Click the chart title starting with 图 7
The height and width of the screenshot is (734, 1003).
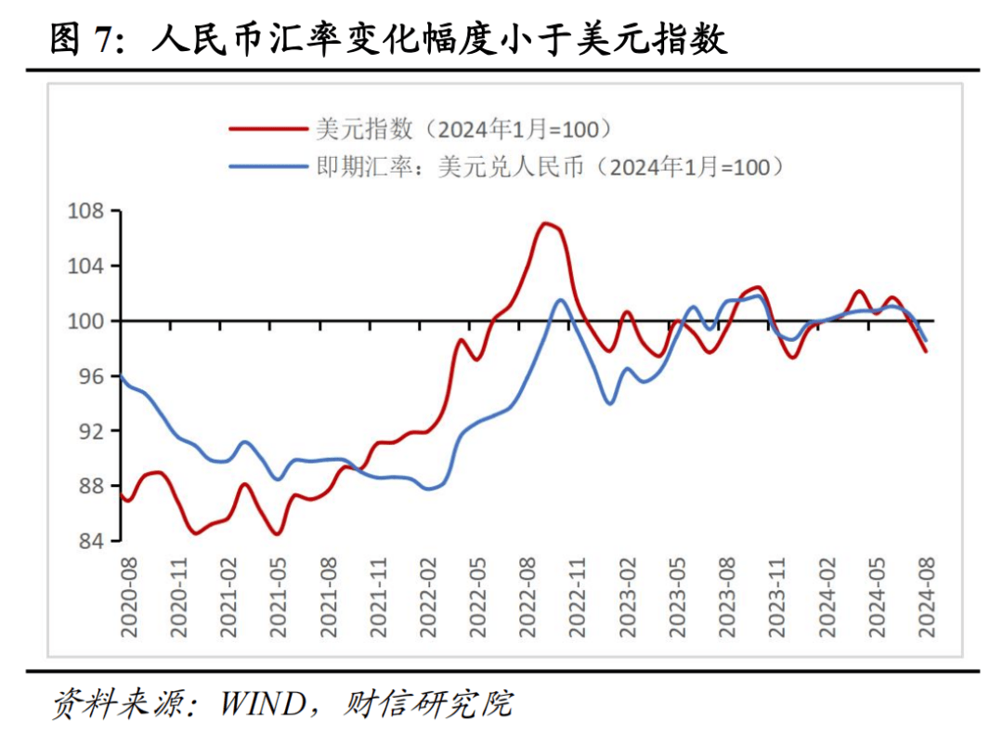click(x=388, y=40)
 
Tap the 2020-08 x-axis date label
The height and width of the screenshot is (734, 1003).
click(x=129, y=597)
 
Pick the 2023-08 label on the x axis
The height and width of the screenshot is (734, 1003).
click(x=727, y=597)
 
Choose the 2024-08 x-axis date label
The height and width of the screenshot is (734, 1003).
click(x=926, y=597)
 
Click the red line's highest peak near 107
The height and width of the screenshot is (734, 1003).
click(x=546, y=223)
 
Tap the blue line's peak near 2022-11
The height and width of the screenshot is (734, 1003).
click(x=561, y=299)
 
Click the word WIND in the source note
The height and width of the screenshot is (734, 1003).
click(x=262, y=703)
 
